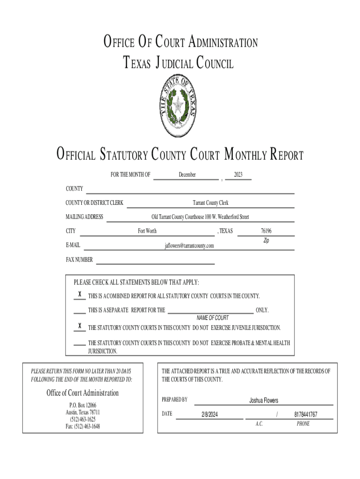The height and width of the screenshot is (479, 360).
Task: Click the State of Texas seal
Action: click(180, 107)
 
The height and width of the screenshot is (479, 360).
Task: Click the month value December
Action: click(187, 175)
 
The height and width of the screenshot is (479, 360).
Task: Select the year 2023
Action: click(238, 175)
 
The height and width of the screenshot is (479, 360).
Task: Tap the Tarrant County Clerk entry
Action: click(211, 203)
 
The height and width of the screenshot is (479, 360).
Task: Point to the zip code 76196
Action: click(266, 231)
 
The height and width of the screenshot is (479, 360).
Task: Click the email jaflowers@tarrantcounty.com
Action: click(189, 246)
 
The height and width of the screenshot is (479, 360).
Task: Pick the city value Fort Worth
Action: click(147, 231)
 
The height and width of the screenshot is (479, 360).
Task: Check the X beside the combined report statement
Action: click(80, 295)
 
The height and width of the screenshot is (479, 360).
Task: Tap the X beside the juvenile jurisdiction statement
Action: click(80, 326)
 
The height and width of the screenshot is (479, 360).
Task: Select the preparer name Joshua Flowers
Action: click(264, 400)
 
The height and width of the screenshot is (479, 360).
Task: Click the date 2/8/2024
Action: click(210, 415)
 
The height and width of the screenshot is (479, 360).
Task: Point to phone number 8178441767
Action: click(306, 415)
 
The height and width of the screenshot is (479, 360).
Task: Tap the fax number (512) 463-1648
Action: click(83, 426)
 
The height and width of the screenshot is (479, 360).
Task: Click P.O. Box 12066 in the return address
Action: click(83, 405)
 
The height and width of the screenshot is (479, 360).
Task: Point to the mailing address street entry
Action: click(200, 217)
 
